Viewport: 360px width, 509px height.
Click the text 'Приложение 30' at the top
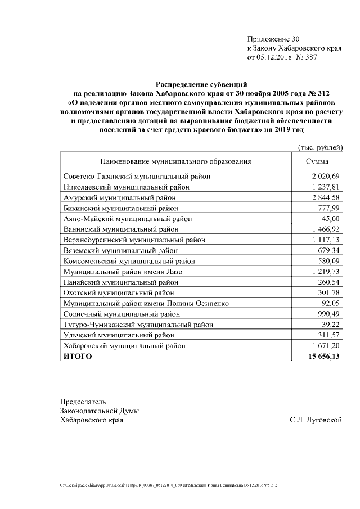pos(274,39)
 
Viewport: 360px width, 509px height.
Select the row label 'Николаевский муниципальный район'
pos(126,187)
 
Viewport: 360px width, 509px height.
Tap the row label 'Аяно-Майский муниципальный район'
pos(127,219)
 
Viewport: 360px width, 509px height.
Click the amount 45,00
pos(331,219)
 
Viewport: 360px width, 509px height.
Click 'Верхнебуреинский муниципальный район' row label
pos(134,240)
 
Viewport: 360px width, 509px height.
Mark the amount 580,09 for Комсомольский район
pos(329,261)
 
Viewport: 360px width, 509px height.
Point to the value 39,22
pos(331,325)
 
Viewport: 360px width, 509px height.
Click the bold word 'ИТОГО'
pos(78,357)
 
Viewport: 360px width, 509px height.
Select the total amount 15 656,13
pos(324,357)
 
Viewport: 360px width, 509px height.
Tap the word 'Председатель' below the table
pos(83,402)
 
